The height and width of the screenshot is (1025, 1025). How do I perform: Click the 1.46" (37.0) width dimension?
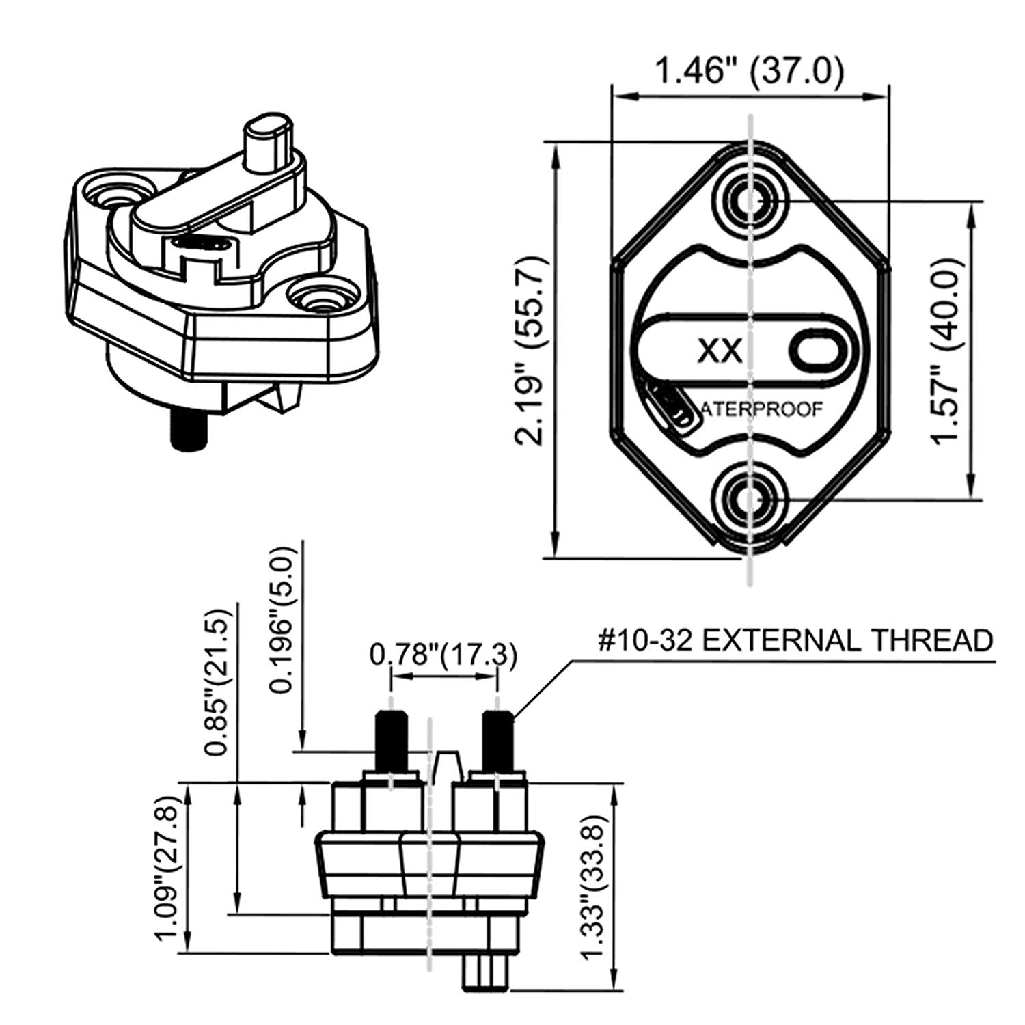tap(749, 71)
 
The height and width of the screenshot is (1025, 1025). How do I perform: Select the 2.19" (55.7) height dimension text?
tap(530, 351)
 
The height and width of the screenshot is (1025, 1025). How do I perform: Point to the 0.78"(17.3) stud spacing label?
tap(443, 655)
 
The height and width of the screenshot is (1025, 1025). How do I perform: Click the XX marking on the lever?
tap(720, 351)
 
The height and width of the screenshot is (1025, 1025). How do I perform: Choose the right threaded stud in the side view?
tap(497, 741)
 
